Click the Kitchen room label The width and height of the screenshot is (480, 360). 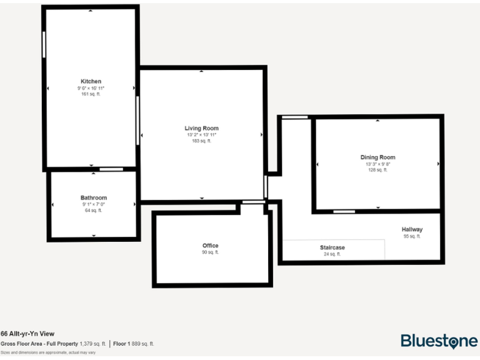(91, 81)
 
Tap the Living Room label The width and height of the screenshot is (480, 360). (201, 128)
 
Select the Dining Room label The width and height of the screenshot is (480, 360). (377, 157)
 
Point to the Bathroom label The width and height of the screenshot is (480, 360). (93, 197)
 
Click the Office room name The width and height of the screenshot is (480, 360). (210, 246)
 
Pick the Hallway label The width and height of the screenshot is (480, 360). (412, 229)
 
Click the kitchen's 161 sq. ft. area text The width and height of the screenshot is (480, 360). (91, 94)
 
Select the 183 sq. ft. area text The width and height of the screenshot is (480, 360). (201, 141)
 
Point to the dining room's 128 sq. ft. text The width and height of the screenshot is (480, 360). (377, 170)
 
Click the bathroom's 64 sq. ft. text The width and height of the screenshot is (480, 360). (93, 211)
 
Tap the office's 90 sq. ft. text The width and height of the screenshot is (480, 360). (210, 252)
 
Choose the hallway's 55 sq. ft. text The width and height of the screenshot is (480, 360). (412, 236)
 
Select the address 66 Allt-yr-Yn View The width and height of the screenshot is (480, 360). (27, 334)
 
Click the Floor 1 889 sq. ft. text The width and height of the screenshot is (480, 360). (134, 344)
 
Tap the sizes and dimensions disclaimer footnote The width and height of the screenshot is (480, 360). (48, 352)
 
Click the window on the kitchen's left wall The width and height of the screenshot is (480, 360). (44, 45)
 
